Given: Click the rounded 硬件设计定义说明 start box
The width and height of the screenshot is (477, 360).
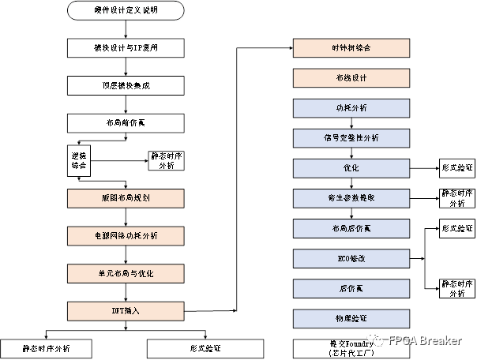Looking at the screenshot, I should [x=126, y=11].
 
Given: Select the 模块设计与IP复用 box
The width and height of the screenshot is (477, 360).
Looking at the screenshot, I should [x=126, y=47].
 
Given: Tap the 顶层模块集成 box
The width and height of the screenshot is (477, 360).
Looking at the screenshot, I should [x=126, y=84].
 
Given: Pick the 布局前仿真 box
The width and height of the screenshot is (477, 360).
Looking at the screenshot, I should [x=126, y=122].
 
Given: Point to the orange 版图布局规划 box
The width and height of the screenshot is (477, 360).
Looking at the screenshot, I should [x=126, y=197].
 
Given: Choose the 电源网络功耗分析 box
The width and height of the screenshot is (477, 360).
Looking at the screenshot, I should [x=126, y=234].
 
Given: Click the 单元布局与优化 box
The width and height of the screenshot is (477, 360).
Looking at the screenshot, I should [x=126, y=272].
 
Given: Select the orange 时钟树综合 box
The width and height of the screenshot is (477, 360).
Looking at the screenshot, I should [x=352, y=47].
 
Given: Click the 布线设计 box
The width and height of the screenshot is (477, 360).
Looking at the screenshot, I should [x=352, y=77].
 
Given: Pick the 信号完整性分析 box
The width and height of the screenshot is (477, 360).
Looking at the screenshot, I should [x=352, y=137].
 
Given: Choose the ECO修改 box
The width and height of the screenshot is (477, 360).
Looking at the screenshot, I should [x=352, y=258].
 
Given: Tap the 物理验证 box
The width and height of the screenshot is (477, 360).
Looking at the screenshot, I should [x=352, y=318].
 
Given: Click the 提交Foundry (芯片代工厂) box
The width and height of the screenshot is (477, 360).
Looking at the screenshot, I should [x=352, y=348].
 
